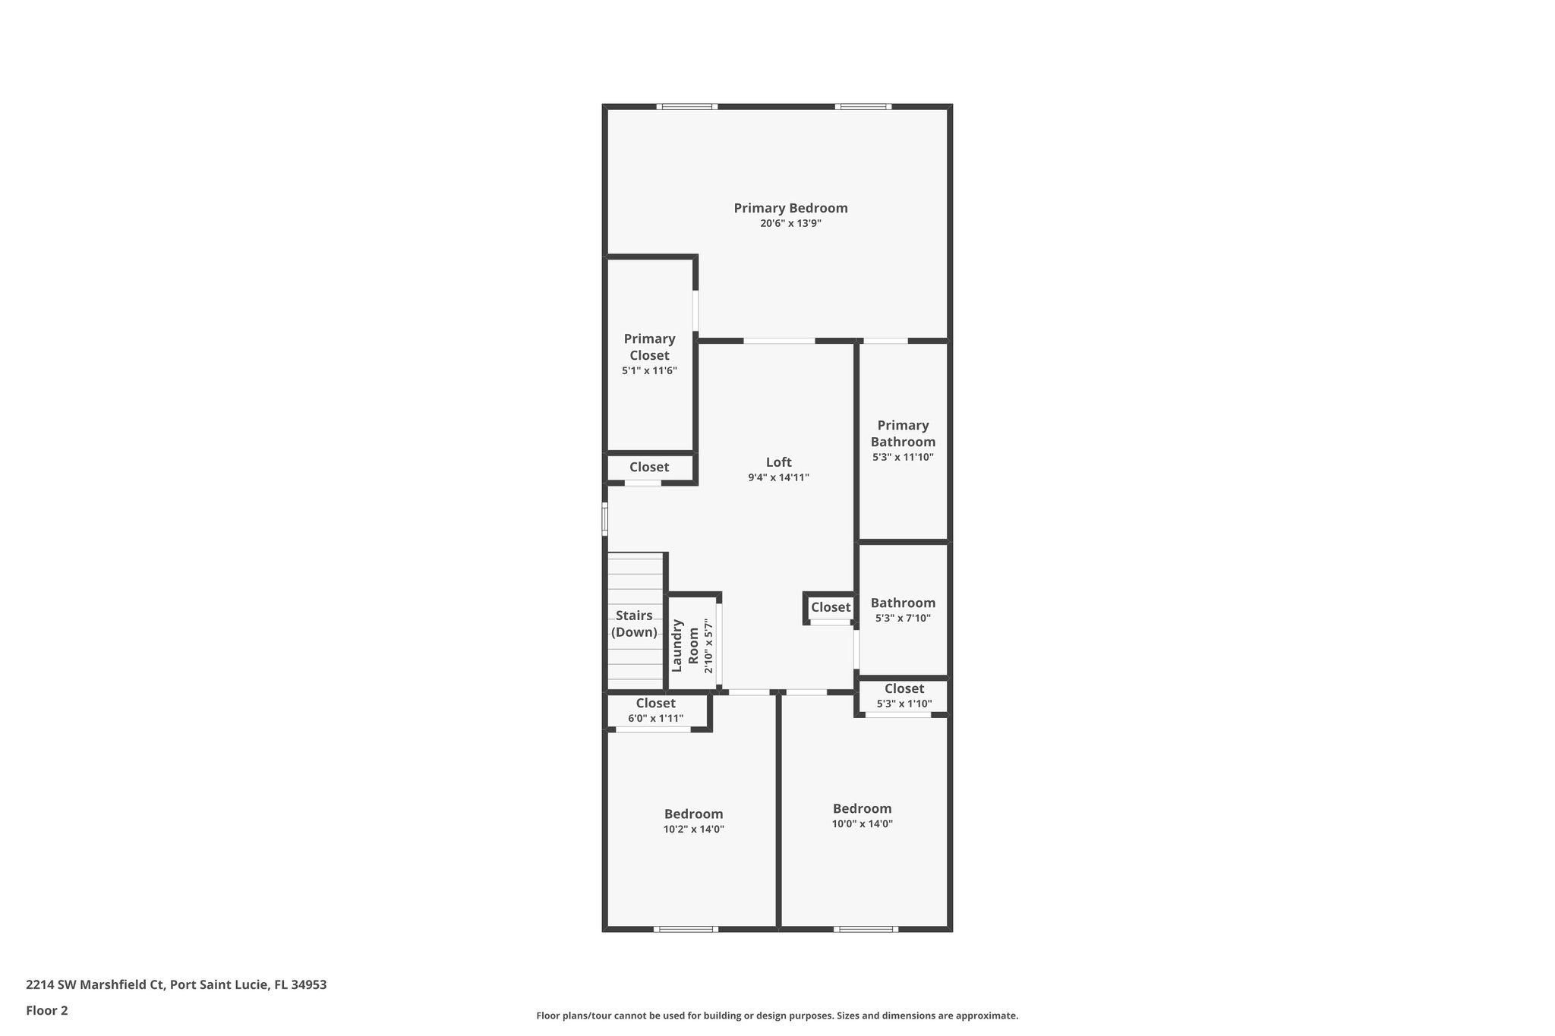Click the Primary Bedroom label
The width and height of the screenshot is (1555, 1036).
[x=790, y=208]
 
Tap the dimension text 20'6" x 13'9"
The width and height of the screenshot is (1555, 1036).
[x=790, y=224]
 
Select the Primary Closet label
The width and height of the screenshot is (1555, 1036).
[x=649, y=347]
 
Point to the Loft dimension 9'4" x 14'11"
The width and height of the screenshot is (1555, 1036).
[x=778, y=477]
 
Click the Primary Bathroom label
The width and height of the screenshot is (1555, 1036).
[x=903, y=433]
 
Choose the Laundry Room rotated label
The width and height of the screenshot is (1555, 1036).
[x=685, y=646]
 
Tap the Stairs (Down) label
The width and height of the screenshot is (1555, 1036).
[x=634, y=623]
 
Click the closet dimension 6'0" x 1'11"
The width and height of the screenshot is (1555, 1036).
[x=655, y=718]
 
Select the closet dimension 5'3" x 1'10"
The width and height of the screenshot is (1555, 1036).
[x=904, y=704]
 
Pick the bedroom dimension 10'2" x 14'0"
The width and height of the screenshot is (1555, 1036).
[x=693, y=830]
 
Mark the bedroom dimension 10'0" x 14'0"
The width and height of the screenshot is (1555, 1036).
[x=862, y=823]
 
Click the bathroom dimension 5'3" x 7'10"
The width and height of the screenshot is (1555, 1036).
[x=903, y=618]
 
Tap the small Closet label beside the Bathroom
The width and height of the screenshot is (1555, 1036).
[x=830, y=607]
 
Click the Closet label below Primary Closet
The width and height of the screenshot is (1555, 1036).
[x=649, y=467]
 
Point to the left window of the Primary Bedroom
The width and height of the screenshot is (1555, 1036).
[x=686, y=107]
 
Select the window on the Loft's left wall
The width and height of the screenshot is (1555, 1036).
[x=605, y=520]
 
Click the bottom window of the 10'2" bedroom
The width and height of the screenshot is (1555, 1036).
[x=686, y=929]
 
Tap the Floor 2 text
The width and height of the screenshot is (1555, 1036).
[x=47, y=1010]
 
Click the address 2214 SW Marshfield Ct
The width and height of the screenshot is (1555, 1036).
[x=95, y=984]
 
